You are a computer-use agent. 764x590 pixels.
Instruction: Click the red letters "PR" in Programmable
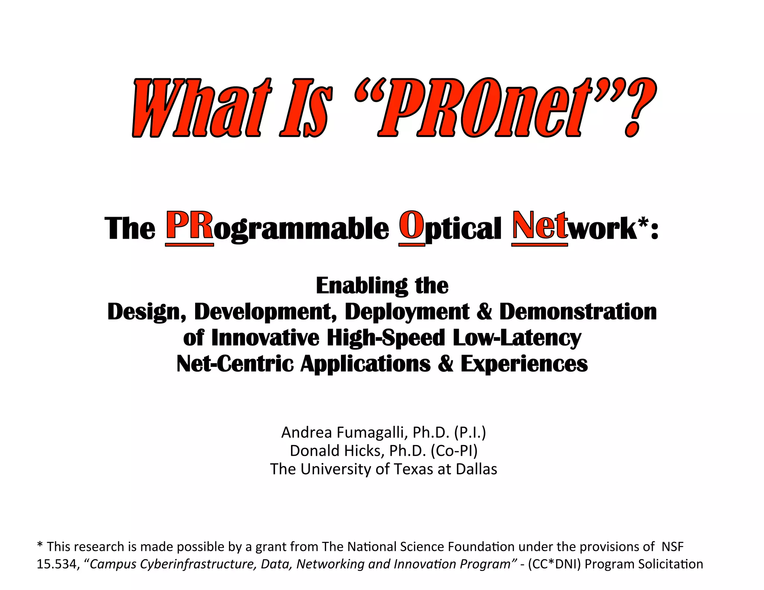tap(189, 226)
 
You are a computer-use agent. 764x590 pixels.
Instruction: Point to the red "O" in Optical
tap(411, 226)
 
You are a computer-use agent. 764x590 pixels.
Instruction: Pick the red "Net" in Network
tap(539, 226)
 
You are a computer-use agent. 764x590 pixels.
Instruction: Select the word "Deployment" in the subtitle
tap(407, 312)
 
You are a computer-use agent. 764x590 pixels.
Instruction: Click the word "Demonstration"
tap(578, 312)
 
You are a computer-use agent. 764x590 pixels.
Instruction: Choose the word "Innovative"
tap(265, 338)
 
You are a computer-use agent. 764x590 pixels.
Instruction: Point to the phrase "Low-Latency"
tap(517, 338)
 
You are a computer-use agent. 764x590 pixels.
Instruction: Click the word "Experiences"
tap(524, 364)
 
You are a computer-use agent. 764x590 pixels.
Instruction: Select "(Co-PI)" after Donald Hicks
tap(454, 451)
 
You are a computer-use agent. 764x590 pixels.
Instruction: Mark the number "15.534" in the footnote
tap(57, 564)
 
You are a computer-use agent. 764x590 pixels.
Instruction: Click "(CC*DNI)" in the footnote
tap(554, 564)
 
